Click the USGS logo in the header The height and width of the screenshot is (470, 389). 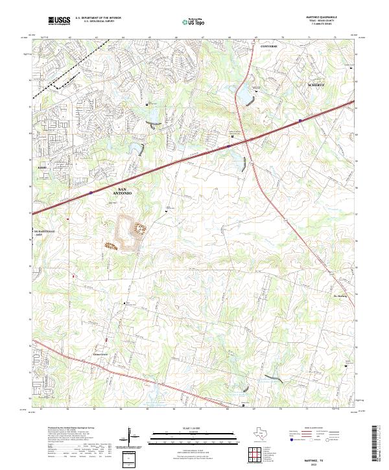click(60, 21)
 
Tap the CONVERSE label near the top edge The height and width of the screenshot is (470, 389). click(268, 47)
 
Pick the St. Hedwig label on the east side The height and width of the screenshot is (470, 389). click(341, 279)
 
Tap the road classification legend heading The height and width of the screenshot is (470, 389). click(314, 429)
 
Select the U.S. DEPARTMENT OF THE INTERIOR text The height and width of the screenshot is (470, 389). click(98, 18)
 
